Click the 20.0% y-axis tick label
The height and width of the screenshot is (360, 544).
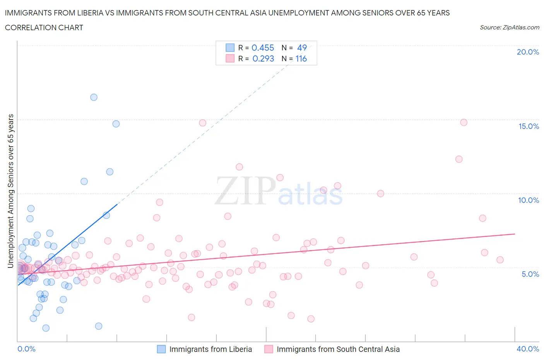click(528, 52)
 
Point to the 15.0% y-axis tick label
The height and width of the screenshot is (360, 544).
click(529, 126)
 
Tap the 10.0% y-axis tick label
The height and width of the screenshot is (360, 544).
click(529, 200)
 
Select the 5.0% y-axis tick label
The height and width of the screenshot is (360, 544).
click(530, 274)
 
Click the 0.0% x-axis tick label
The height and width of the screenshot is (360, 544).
click(27, 349)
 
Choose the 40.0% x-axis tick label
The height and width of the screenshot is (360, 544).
click(528, 349)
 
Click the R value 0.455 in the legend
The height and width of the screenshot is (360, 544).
click(263, 48)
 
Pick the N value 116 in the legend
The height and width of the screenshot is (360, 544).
click(301, 58)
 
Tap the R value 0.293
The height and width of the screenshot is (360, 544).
click(263, 58)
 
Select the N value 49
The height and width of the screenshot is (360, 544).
click(302, 48)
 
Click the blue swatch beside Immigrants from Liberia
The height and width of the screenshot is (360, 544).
click(161, 349)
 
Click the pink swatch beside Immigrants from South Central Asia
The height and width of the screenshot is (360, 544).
click(269, 349)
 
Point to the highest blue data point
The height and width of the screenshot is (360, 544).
click(94, 97)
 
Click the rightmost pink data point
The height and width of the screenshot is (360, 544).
click(500, 260)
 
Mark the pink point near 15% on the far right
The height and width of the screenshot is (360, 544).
click(464, 122)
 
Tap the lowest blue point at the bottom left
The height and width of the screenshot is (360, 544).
click(46, 328)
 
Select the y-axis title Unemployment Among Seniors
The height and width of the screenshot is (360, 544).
click(10, 191)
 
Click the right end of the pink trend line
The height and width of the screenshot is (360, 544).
click(515, 234)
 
